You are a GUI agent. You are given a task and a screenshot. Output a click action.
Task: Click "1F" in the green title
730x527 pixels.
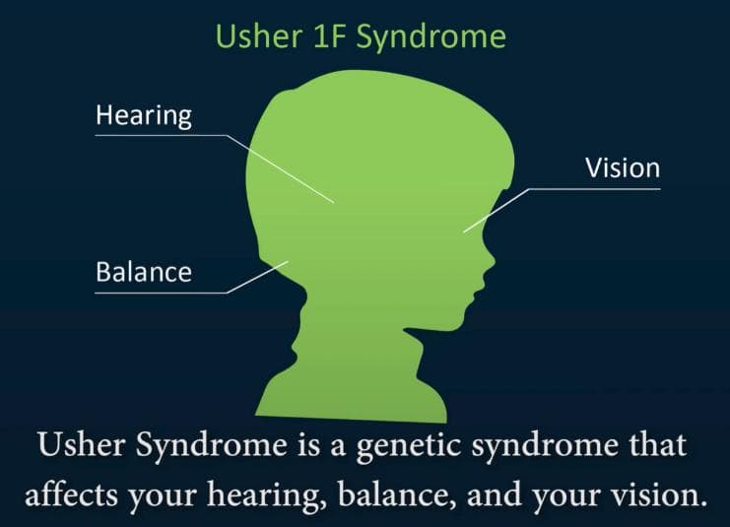[328, 36]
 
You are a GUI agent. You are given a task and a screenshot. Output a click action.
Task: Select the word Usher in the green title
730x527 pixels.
[259, 35]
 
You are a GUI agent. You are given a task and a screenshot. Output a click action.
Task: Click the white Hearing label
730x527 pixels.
[144, 115]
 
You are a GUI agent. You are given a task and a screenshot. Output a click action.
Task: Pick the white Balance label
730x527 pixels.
[144, 272]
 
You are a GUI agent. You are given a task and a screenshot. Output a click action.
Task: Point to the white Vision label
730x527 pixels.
[623, 168]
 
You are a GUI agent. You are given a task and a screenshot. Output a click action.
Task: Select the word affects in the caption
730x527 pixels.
[71, 494]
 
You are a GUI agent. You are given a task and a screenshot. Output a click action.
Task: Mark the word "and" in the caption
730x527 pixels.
[494, 494]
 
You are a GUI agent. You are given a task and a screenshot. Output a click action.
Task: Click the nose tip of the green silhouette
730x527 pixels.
[494, 260]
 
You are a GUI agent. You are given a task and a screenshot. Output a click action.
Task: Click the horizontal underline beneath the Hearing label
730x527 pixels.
[162, 136]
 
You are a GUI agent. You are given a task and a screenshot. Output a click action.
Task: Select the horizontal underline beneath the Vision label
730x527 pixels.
[594, 189]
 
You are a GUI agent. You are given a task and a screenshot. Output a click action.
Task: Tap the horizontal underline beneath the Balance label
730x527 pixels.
[162, 293]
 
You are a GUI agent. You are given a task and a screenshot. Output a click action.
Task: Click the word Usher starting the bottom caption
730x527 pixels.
[82, 444]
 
